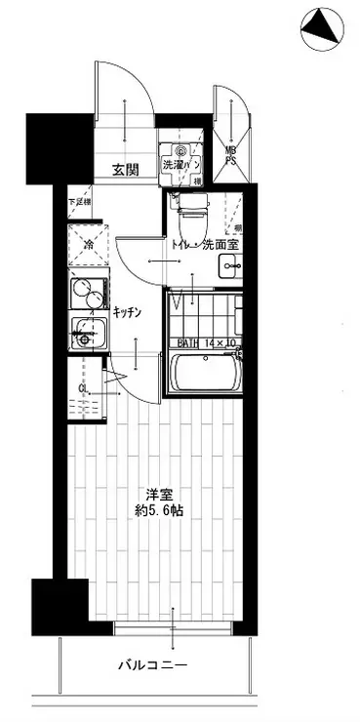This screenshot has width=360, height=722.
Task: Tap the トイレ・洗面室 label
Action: (206, 246)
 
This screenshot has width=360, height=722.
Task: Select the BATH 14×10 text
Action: (207, 342)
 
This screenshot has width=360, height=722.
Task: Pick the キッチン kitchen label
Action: (129, 312)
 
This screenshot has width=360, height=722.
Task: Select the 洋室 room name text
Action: (149, 493)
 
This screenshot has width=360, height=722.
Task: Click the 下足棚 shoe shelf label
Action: (79, 203)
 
